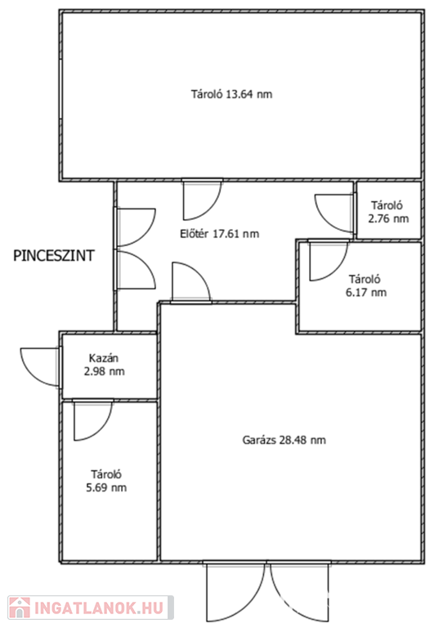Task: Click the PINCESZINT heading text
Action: [54, 255]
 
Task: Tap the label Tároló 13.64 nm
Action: [231, 95]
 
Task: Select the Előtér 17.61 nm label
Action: [219, 234]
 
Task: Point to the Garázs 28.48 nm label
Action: [284, 440]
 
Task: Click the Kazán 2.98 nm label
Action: [104, 365]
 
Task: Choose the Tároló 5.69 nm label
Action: [106, 481]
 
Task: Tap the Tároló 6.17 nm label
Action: [366, 285]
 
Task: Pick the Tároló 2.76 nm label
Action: [388, 212]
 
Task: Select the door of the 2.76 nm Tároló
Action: [335, 213]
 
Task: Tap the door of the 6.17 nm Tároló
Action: [328, 260]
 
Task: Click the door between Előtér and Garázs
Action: [191, 282]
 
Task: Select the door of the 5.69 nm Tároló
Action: [93, 420]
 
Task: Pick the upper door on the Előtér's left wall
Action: [135, 227]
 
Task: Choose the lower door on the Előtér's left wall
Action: [135, 270]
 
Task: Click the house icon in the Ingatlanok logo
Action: [20, 608]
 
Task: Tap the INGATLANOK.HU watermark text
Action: [99, 608]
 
